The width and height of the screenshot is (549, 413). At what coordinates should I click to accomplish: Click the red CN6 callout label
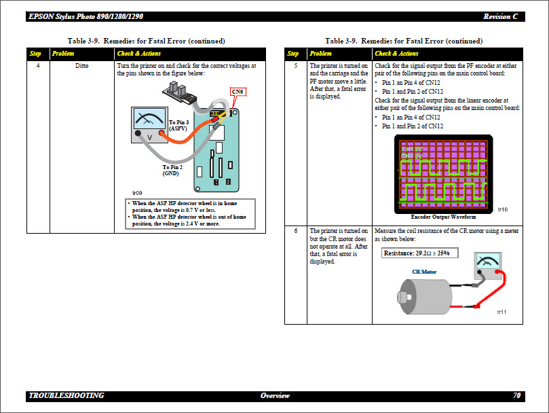tap(238, 92)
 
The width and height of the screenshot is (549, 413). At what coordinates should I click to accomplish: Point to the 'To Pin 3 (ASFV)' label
tap(179, 125)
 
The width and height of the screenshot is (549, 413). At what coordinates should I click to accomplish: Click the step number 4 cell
tap(37, 66)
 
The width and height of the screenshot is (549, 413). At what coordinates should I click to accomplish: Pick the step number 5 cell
tap(295, 66)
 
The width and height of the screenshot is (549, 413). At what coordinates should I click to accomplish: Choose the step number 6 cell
tap(295, 231)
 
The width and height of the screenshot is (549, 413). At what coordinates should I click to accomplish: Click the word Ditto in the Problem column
tap(81, 66)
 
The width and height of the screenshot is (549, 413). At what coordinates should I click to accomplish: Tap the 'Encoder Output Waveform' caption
tap(443, 217)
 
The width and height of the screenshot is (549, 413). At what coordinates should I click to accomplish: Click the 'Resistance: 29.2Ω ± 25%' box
tap(420, 253)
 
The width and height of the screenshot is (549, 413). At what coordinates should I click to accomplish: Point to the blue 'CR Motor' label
tap(424, 272)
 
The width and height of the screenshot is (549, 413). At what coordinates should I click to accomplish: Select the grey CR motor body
tap(425, 297)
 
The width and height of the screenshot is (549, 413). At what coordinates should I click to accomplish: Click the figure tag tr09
tap(137, 193)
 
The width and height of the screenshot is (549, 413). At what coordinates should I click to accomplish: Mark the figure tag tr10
tap(502, 209)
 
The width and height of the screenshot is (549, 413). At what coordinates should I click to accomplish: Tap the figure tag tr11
tap(502, 312)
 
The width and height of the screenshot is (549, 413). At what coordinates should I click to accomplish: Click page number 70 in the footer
tap(516, 395)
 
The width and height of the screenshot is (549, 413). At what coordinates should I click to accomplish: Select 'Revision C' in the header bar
tap(501, 16)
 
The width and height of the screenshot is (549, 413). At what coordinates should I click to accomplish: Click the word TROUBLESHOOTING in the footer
tap(67, 395)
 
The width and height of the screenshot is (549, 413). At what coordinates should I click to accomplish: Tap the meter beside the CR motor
tap(487, 264)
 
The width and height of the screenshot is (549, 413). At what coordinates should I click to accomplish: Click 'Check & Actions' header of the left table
tap(139, 53)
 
